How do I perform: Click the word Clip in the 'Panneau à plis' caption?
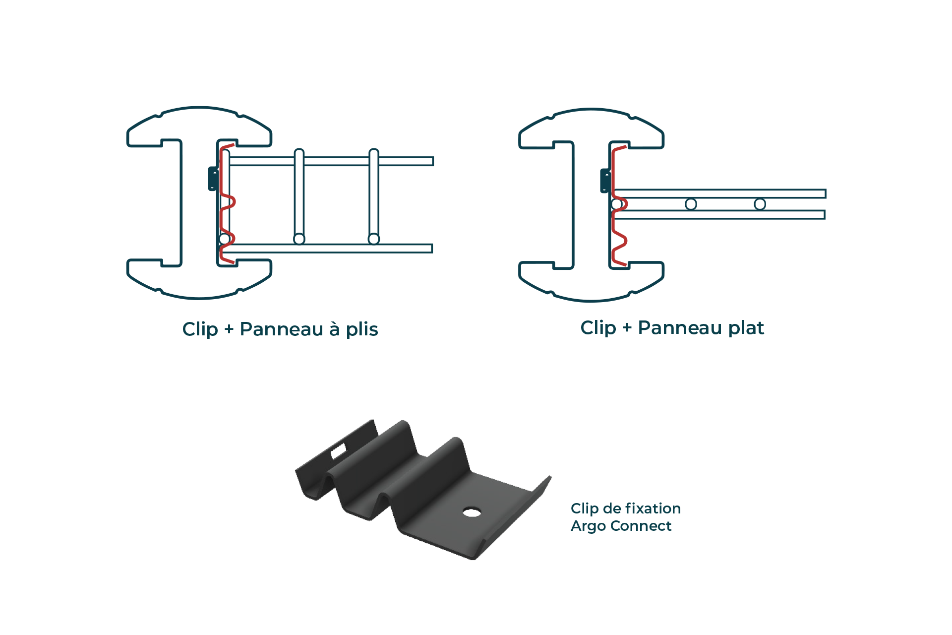pos(200,329)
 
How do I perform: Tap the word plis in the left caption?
pos(362,329)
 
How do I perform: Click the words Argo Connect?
pos(621,526)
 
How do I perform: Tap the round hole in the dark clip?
pos(472,511)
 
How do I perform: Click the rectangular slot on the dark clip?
pos(339,451)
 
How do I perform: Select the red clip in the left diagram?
pos(227,203)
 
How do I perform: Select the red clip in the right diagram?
pos(619,206)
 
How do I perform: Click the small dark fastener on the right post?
pos(605,181)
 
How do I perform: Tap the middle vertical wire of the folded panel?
pos(299,196)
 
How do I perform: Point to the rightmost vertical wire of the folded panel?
pos(374,196)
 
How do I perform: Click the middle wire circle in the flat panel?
pos(691,204)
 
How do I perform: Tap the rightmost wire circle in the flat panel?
pos(760,204)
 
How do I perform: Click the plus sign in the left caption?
pos(229,329)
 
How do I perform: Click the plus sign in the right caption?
pos(627,328)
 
